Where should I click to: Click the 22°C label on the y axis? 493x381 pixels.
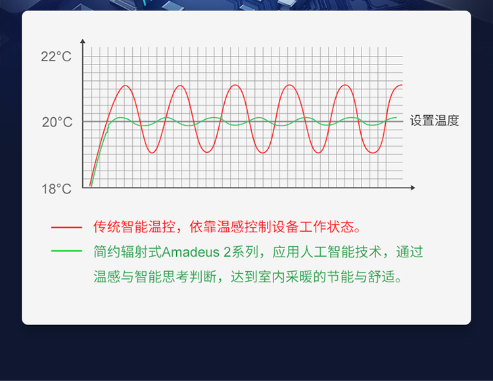click(57, 57)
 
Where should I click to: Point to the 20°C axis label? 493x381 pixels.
click(57, 122)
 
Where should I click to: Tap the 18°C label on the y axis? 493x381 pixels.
click(57, 189)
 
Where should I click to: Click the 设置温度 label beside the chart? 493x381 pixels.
click(434, 120)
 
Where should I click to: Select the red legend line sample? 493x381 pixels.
click(66, 227)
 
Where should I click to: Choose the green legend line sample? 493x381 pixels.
click(66, 251)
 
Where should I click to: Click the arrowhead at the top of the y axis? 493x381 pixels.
click(83, 41)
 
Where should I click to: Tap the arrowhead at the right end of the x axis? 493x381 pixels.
click(413, 188)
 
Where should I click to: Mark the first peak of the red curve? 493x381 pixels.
click(126, 86)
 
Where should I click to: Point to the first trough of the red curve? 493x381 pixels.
click(153, 153)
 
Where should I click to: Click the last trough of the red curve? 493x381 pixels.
click(373, 153)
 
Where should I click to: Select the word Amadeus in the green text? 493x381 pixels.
click(191, 252)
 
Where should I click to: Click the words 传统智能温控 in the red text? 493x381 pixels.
click(134, 227)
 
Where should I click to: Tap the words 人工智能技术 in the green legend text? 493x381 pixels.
click(340, 252)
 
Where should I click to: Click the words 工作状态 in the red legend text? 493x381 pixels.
click(327, 227)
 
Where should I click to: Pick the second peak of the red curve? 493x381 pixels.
click(180, 86)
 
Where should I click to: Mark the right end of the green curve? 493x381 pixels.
click(396, 117)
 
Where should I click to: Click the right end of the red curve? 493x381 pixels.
click(402, 85)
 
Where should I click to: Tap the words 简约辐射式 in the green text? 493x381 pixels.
click(128, 252)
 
